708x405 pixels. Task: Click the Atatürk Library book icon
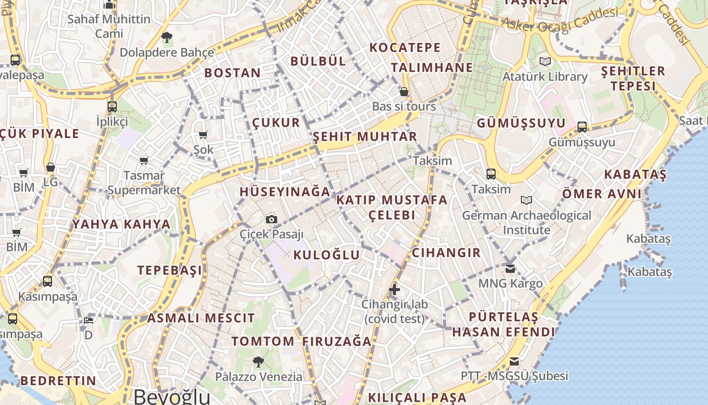(x=545, y=61)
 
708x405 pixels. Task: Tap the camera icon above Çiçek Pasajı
(x=272, y=219)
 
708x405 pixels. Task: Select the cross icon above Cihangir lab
(x=394, y=290)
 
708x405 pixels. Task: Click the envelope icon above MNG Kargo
(x=510, y=268)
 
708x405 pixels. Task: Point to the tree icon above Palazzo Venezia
(x=258, y=361)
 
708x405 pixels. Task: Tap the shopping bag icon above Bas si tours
(x=404, y=92)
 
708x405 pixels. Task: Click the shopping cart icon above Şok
(x=203, y=135)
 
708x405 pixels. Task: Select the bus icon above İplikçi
(x=112, y=106)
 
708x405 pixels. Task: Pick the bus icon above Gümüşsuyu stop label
(x=582, y=127)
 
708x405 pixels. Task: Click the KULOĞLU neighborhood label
(x=327, y=255)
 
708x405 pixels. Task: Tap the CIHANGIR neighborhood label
(x=446, y=253)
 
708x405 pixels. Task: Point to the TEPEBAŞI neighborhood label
(x=169, y=270)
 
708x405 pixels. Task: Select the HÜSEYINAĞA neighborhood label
(x=285, y=192)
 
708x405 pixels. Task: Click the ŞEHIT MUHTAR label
(x=365, y=137)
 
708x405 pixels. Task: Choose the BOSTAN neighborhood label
(x=233, y=73)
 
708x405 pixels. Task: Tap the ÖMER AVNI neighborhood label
(x=602, y=193)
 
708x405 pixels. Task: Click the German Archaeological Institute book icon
(x=526, y=200)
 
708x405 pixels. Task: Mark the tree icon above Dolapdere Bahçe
(x=166, y=37)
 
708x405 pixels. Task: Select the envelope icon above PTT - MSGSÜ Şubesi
(x=514, y=361)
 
